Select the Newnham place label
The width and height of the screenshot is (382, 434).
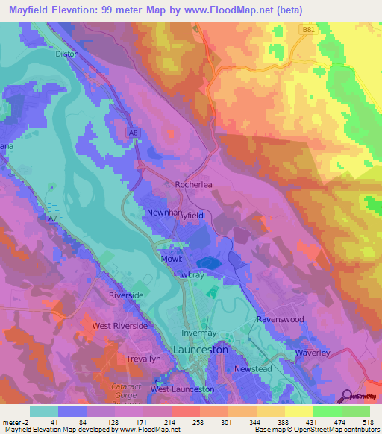pyautogui.click(x=165, y=213)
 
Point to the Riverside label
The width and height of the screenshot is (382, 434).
pyautogui.click(x=126, y=295)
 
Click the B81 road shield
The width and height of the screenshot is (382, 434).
pyautogui.click(x=308, y=30)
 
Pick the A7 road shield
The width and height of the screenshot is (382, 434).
pyautogui.click(x=52, y=218)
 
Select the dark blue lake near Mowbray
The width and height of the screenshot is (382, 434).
pyautogui.click(x=208, y=262)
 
